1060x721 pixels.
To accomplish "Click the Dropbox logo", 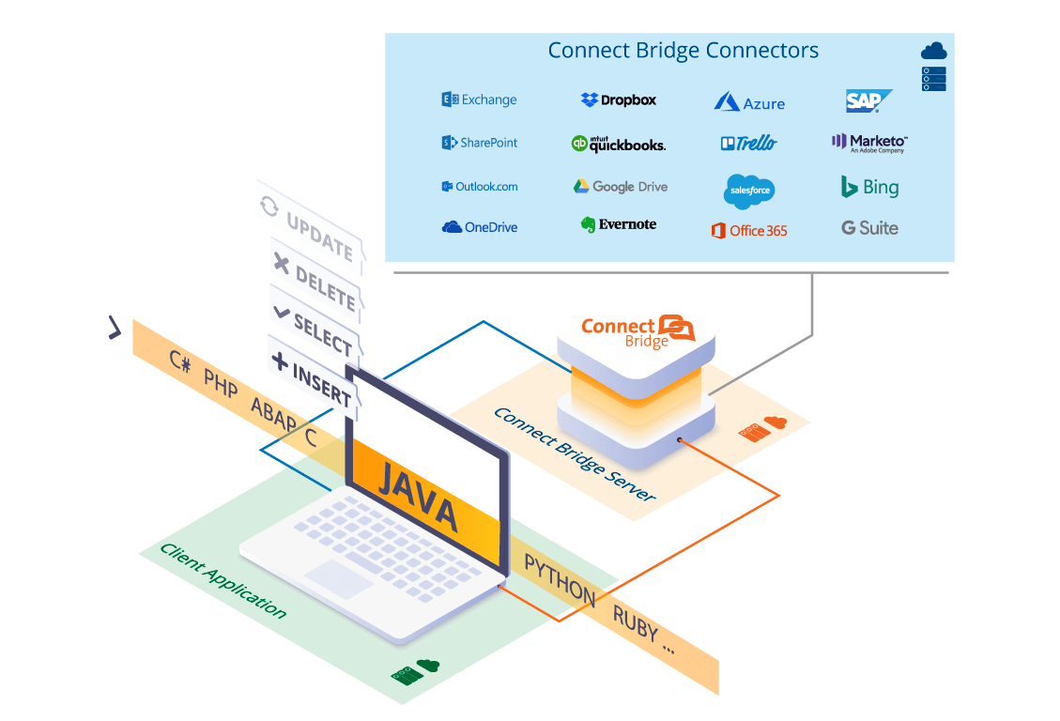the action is pyautogui.click(x=619, y=100).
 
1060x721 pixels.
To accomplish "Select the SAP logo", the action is pyautogui.click(x=868, y=100).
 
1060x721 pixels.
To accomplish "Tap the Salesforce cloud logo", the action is pyautogui.click(x=749, y=191).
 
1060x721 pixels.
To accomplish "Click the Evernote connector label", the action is pyautogui.click(x=619, y=224).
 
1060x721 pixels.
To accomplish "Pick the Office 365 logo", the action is pyautogui.click(x=749, y=231).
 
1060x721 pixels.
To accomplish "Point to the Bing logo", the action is pyautogui.click(x=869, y=187).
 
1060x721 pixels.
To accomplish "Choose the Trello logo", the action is pyautogui.click(x=749, y=144).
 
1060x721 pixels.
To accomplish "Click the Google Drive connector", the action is pyautogui.click(x=620, y=187).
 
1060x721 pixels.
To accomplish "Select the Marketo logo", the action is pyautogui.click(x=869, y=143).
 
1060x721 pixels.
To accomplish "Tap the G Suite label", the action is pyautogui.click(x=869, y=228).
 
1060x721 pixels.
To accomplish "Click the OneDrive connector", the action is pyautogui.click(x=479, y=227).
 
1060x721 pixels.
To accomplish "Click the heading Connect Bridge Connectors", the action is pyautogui.click(x=683, y=51).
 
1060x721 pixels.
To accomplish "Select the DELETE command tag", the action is pyautogui.click(x=316, y=281).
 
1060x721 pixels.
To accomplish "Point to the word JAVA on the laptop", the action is pyautogui.click(x=418, y=497).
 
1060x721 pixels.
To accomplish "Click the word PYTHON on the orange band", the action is pyautogui.click(x=560, y=580).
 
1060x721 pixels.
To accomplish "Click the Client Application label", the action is pyautogui.click(x=223, y=580).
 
